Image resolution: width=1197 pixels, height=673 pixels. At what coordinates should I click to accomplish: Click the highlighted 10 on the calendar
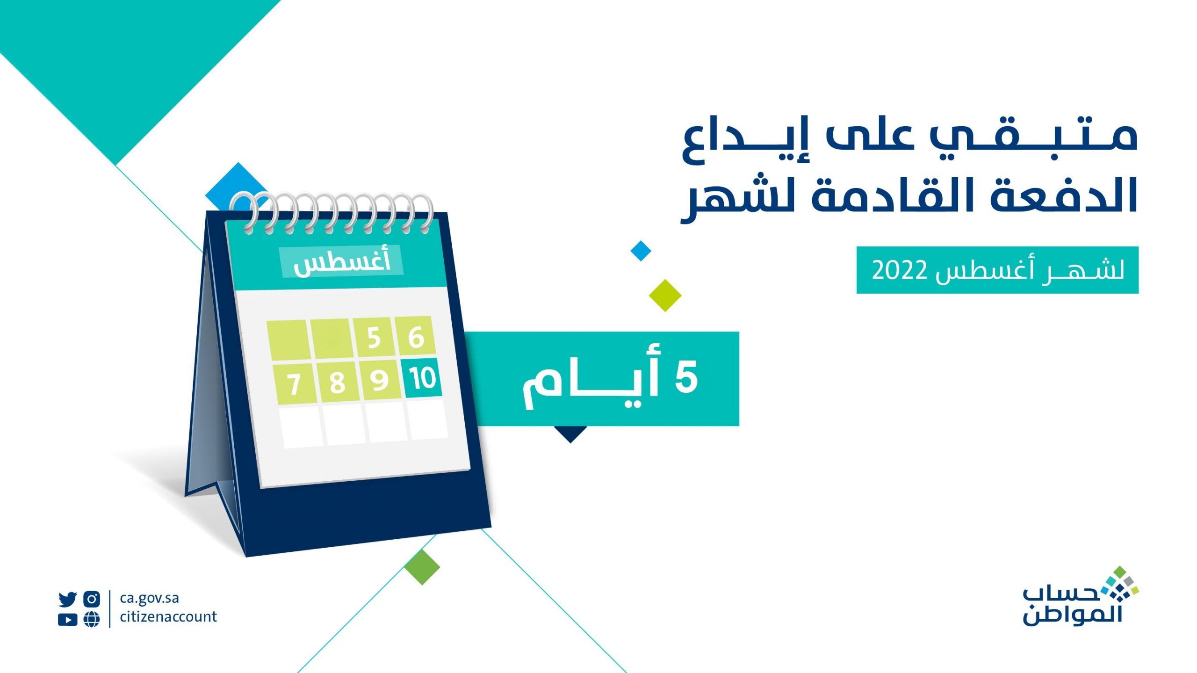pos(423,378)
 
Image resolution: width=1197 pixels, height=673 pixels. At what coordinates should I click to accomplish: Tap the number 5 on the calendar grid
pos(374,338)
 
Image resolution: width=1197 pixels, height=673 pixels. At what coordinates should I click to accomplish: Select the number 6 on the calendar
pos(416,337)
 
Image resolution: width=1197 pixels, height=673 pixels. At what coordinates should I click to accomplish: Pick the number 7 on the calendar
pos(294,384)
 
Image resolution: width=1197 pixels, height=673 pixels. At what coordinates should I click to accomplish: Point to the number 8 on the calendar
pos(337,383)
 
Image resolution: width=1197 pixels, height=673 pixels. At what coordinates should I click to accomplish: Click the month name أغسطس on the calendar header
pos(342,262)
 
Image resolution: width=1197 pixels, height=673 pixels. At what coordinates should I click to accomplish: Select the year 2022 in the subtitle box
pos(899,270)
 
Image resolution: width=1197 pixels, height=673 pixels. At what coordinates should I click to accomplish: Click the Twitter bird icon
pos(68,599)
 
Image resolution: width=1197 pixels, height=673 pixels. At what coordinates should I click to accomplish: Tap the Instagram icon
pos(92,599)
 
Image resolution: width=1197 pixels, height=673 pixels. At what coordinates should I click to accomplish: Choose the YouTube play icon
pos(68,620)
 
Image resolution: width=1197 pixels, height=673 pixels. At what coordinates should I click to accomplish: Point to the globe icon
pos(92,620)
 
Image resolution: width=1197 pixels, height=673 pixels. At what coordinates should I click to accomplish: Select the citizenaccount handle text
pos(168,616)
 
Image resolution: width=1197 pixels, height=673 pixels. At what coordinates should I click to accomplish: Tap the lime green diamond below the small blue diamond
pos(665,295)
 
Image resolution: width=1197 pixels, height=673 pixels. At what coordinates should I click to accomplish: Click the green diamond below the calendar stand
pos(422,567)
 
